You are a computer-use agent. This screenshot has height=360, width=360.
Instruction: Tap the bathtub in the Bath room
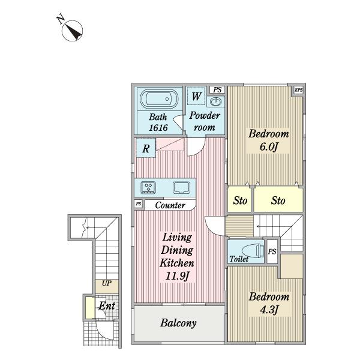(x=159, y=99)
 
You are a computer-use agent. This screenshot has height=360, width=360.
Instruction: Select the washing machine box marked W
(x=196, y=96)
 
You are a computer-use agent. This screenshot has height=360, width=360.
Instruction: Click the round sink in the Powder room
(x=215, y=101)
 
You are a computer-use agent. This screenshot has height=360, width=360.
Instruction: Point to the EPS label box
(x=299, y=90)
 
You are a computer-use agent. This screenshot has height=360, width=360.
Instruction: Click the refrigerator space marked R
(x=146, y=148)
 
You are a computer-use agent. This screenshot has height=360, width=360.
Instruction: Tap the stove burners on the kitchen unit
(x=149, y=187)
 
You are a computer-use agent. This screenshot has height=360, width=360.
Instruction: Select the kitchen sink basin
(x=181, y=188)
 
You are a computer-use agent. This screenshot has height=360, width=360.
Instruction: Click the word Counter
(x=170, y=205)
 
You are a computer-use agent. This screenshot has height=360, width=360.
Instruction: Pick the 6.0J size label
(x=269, y=146)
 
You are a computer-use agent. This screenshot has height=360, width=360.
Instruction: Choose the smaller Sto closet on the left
(x=239, y=200)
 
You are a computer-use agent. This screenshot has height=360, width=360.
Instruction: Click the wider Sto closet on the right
(x=278, y=200)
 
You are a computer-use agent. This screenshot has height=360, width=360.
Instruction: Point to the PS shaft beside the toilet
(x=272, y=251)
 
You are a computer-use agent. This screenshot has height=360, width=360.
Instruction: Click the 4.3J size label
(x=269, y=310)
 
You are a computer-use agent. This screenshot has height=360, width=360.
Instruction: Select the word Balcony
(x=178, y=323)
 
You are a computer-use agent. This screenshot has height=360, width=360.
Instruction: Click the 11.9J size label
(x=177, y=276)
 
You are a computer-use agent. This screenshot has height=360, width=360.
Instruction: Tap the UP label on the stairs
(x=107, y=283)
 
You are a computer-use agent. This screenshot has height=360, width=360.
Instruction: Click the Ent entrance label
(x=107, y=306)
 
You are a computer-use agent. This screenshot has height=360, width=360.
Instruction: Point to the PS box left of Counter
(x=138, y=204)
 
